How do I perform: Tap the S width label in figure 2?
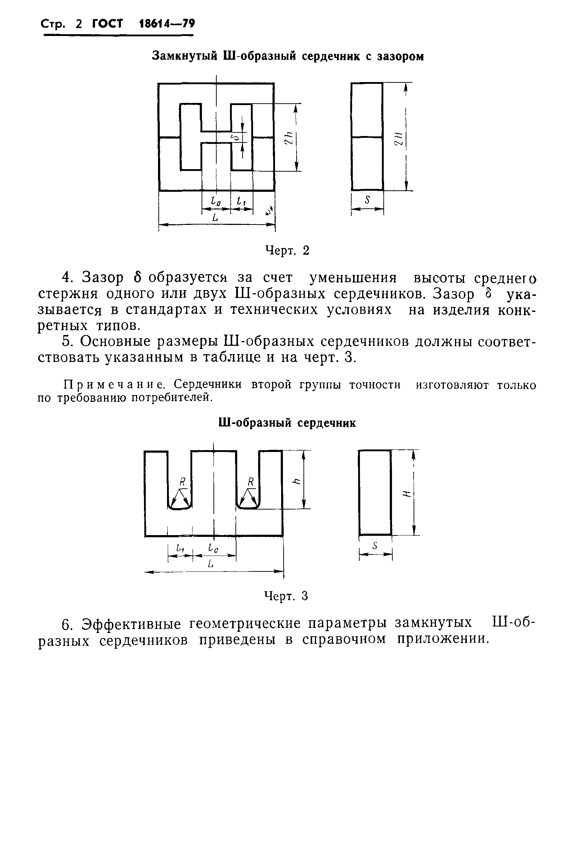pos(367,200)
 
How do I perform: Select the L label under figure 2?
pos(215,217)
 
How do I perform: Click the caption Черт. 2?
pos(287,250)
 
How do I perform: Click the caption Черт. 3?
pos(286,596)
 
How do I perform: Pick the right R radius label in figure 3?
pos(251,481)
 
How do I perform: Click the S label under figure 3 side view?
pos(375,546)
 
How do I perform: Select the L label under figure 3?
pos(210,564)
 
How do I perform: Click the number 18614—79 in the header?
pos(167,24)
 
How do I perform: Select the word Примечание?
pos(114,385)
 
